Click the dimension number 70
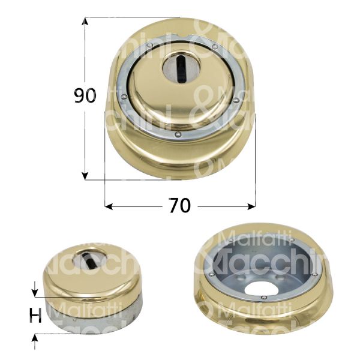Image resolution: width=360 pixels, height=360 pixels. [x=180, y=206]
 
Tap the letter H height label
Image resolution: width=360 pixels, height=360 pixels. [x=36, y=316]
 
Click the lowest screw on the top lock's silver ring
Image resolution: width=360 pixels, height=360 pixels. [x=179, y=135]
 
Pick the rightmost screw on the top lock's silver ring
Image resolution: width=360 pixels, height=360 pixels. [x=235, y=100]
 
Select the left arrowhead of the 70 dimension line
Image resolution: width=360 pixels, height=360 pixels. [x=109, y=206]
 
